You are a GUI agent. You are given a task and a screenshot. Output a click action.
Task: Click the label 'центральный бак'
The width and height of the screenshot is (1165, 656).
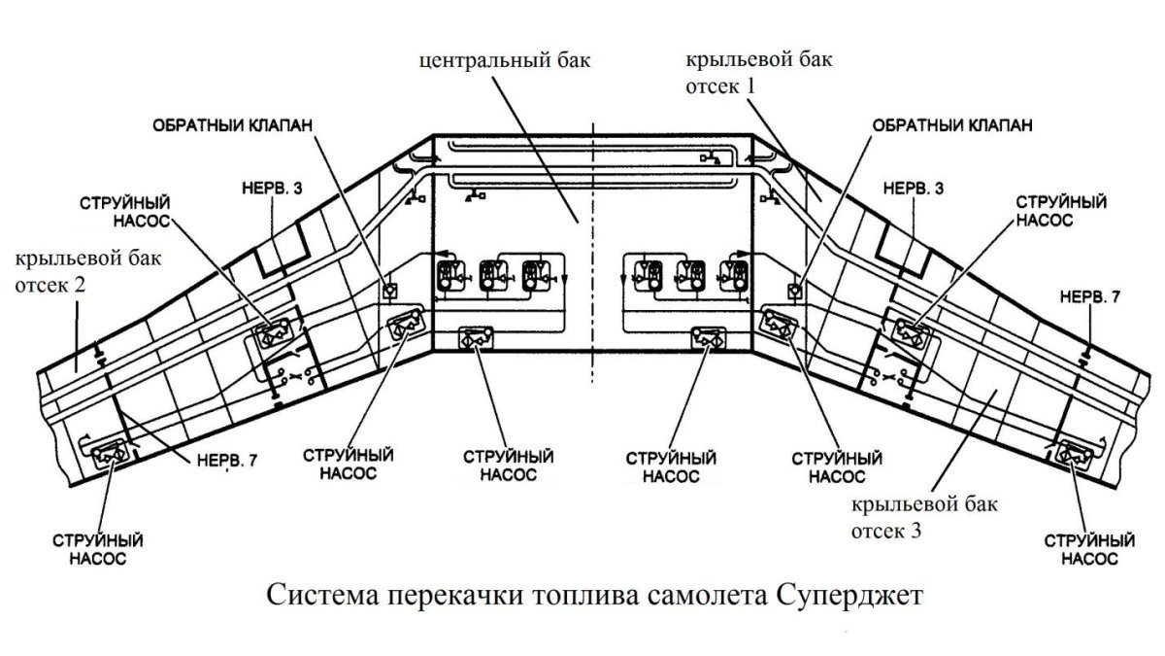[x=505, y=60]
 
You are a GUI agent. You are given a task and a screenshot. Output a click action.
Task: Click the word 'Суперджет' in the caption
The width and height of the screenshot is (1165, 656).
[x=855, y=594]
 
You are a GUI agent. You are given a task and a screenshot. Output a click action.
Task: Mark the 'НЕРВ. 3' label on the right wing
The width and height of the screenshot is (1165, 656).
[x=911, y=185]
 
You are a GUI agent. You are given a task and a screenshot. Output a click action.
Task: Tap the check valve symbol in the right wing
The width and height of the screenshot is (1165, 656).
[x=794, y=289]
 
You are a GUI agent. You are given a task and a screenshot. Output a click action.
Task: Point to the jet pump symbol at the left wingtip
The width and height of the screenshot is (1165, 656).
[x=105, y=453]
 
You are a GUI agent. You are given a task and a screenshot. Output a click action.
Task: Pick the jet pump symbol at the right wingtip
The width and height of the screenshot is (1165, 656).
[x=1072, y=452]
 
